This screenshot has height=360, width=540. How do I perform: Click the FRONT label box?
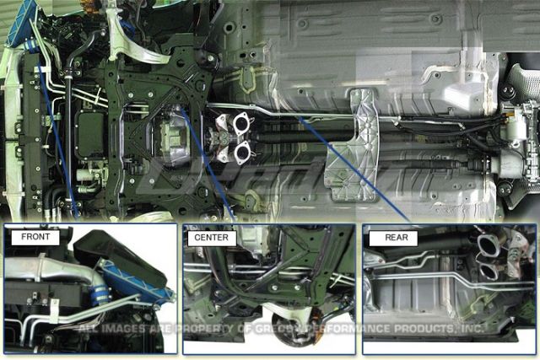pos(35,238)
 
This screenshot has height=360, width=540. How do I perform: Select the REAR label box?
pos(396,238)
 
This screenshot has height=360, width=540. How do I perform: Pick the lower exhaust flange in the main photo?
pos(244,152)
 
